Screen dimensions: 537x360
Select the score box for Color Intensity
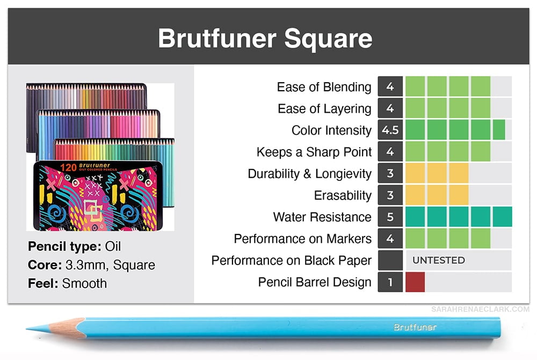[x=390, y=130]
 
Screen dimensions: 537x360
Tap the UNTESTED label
[x=439, y=260]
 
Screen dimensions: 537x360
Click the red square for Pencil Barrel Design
[x=415, y=282]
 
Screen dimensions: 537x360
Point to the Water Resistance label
[x=322, y=217]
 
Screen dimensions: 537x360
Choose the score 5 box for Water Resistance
[x=390, y=217]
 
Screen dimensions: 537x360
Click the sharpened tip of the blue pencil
[x=27, y=329]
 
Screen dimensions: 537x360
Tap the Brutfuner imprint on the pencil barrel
[x=415, y=327]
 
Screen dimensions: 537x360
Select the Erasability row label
[x=343, y=195]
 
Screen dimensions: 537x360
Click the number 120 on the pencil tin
[x=68, y=168]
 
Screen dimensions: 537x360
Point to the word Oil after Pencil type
[x=113, y=246]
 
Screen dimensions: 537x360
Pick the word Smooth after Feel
[x=85, y=283]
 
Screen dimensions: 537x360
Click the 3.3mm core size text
[x=87, y=265]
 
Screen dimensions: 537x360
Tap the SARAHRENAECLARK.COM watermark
[x=480, y=310]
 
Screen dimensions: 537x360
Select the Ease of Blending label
[x=324, y=87]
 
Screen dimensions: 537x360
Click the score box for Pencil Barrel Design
[x=390, y=282]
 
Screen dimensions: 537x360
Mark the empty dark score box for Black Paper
[x=390, y=260]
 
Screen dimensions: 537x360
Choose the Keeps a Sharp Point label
[x=314, y=152]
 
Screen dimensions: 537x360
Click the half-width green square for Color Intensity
[x=499, y=130]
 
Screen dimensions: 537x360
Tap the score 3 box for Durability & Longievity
[x=390, y=173]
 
